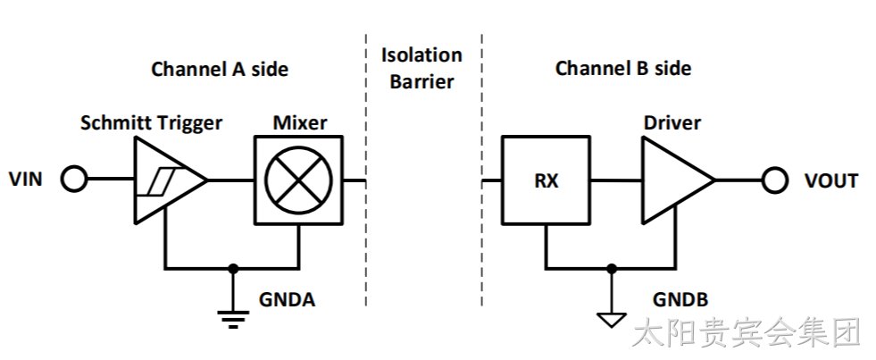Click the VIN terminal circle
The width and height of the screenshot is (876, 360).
click(x=74, y=180)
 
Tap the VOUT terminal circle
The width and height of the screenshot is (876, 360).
click(x=774, y=180)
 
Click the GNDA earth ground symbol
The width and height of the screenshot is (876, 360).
click(x=233, y=317)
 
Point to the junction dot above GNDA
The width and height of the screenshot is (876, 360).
click(x=233, y=269)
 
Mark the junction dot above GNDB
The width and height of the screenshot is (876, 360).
click(x=612, y=269)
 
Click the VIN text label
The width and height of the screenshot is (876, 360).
click(x=26, y=180)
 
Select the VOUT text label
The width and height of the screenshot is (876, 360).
click(x=830, y=180)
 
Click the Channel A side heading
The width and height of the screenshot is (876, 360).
click(x=220, y=70)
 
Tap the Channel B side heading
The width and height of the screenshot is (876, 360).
click(x=623, y=69)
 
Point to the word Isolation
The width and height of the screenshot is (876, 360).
click(x=421, y=55)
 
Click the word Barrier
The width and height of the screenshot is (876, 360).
click(x=421, y=81)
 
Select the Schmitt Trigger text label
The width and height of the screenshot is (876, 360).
click(x=151, y=123)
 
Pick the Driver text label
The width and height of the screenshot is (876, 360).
click(x=672, y=122)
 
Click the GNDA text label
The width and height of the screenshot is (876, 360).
click(x=287, y=300)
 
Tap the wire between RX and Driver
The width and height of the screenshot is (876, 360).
click(x=616, y=180)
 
